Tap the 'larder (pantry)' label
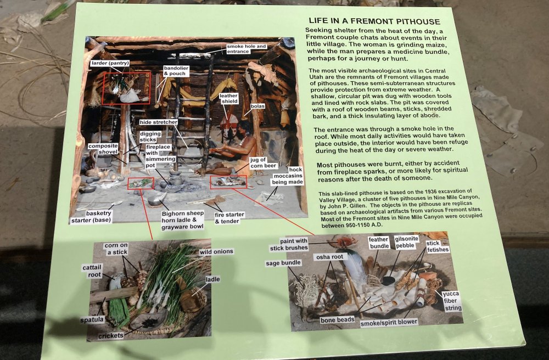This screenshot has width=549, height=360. click(110, 63)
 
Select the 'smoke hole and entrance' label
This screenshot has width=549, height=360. click(247, 49)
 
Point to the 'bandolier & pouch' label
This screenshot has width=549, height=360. click(176, 71)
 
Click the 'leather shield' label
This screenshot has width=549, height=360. click(229, 98)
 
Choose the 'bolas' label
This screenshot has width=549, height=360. click(257, 106)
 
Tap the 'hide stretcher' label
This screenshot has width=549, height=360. click(158, 122)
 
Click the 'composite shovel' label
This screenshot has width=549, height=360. click(103, 149)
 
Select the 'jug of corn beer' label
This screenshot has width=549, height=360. click(264, 162)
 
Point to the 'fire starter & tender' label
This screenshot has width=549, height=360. click(229, 218)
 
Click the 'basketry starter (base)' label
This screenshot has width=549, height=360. click(91, 217)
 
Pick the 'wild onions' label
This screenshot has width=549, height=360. click(216, 251)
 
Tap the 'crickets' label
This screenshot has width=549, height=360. click(111, 335)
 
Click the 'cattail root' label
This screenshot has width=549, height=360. click(92, 271)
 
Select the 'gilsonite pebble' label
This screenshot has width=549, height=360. click(406, 242)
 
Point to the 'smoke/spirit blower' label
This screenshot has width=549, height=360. click(389, 322)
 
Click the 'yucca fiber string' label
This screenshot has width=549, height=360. click(451, 301)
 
